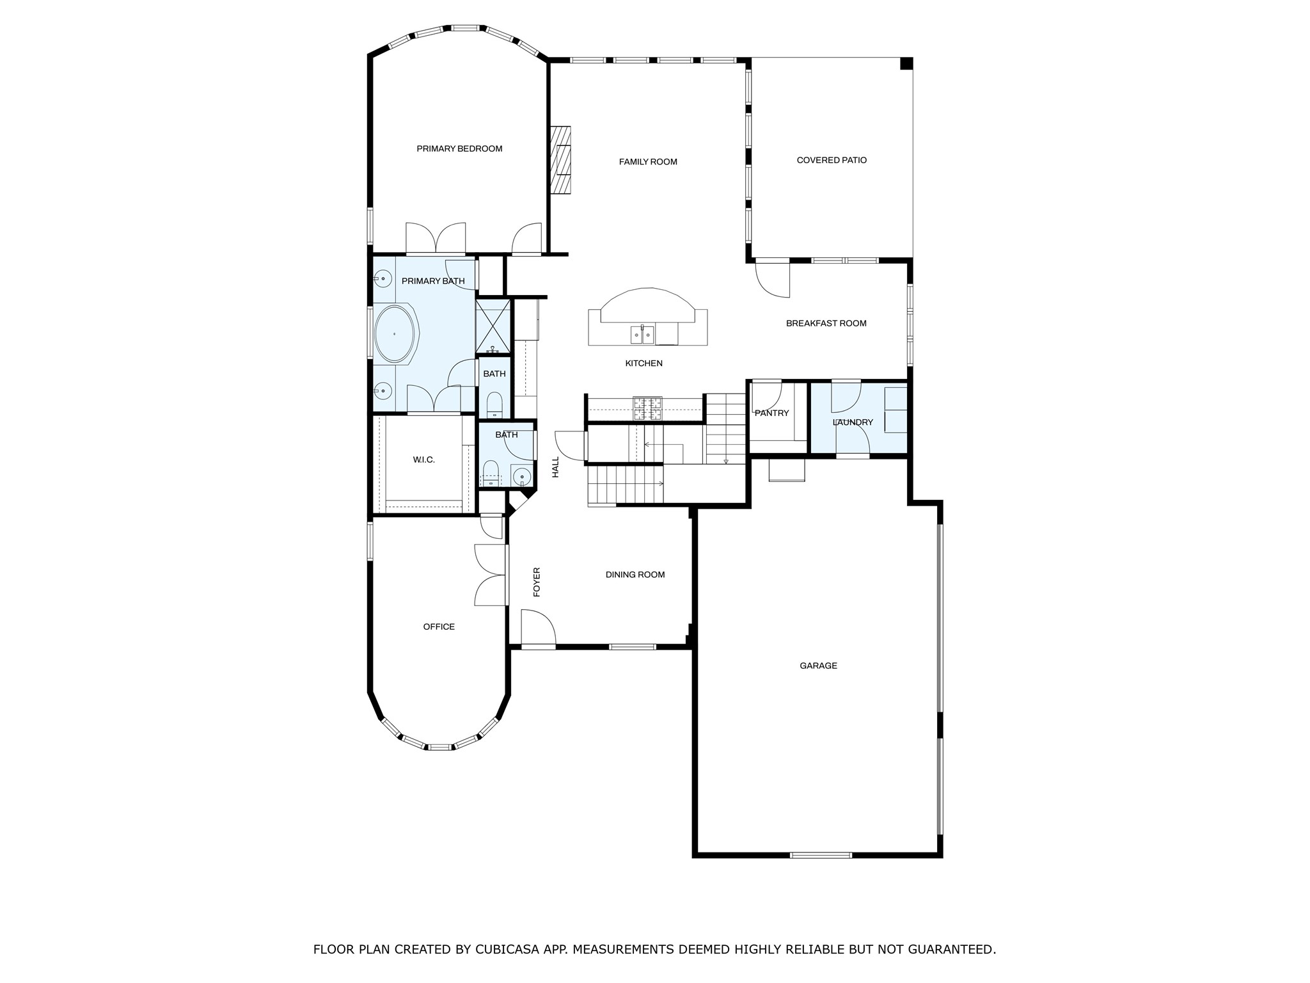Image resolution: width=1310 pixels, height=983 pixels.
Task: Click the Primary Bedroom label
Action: pyautogui.click(x=459, y=148)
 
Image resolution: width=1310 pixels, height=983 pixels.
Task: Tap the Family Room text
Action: pyautogui.click(x=648, y=162)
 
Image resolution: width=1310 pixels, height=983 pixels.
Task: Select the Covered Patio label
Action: pyautogui.click(x=832, y=160)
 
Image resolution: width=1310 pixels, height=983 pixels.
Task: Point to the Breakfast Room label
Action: pyautogui.click(x=826, y=323)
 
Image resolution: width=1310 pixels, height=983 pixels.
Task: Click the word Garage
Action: pyautogui.click(x=818, y=666)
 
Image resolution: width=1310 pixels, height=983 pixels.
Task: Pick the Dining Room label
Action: pyautogui.click(x=635, y=575)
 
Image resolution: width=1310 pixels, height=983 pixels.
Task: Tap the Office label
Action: pyautogui.click(x=439, y=627)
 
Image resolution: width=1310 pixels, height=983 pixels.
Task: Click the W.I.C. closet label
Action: pyautogui.click(x=423, y=460)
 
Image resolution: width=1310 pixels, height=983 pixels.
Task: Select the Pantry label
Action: pyautogui.click(x=772, y=413)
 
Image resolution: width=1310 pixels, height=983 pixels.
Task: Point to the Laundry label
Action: pyautogui.click(x=853, y=422)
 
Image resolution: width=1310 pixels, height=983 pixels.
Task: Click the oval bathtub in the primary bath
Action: pyautogui.click(x=395, y=334)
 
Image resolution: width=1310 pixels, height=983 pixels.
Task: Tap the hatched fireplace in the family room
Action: pyautogui.click(x=560, y=160)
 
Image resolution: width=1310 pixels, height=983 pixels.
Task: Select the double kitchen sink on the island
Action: pyautogui.click(x=642, y=334)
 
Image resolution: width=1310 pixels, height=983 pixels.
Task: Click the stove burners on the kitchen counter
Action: pyautogui.click(x=647, y=408)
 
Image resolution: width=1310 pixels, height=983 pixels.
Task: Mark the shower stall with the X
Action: pyautogui.click(x=493, y=326)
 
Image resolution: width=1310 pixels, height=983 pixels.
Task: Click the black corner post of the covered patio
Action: pyautogui.click(x=906, y=63)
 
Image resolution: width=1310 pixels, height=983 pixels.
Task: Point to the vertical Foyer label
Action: pyautogui.click(x=537, y=582)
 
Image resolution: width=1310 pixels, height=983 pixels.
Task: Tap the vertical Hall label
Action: pyautogui.click(x=555, y=467)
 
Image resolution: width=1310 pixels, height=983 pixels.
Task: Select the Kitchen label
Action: pyautogui.click(x=643, y=364)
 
